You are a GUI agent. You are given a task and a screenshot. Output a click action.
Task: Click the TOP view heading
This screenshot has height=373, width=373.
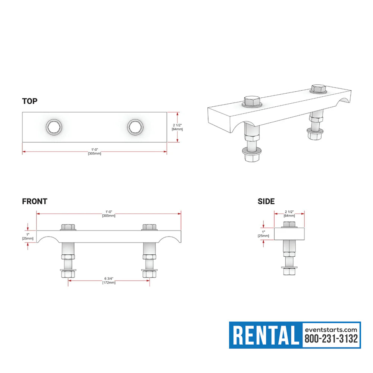click(30, 101)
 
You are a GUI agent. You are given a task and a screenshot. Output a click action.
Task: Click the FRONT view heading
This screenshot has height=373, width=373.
click(35, 201)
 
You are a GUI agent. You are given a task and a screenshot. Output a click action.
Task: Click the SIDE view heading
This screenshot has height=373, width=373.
click(266, 201)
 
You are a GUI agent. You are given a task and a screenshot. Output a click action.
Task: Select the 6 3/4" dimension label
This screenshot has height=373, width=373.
click(109, 280)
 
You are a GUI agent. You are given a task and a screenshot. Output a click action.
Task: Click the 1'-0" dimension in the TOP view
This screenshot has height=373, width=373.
click(94, 151)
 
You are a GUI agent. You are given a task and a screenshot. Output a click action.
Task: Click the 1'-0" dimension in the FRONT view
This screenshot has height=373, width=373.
click(109, 213)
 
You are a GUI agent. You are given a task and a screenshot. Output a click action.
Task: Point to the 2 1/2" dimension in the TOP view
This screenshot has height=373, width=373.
click(177, 127)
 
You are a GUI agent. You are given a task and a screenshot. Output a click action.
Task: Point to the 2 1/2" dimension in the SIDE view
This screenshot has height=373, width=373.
click(289, 213)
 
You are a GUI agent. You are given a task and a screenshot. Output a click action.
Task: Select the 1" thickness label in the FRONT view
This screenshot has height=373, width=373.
click(28, 236)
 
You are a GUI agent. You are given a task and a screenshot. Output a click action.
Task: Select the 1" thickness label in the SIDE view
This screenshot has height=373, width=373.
click(263, 233)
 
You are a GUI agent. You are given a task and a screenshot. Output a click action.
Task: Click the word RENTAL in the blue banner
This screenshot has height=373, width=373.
click(266, 335)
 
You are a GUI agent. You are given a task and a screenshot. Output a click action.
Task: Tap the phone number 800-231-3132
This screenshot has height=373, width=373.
click(331, 339)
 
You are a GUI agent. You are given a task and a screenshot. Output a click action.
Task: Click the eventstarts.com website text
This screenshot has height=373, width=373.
click(331, 329)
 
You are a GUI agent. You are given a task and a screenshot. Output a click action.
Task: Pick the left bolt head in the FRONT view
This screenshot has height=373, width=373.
click(68, 227)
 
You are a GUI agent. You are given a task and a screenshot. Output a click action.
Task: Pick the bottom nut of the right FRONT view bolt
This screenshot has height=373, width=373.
click(149, 274)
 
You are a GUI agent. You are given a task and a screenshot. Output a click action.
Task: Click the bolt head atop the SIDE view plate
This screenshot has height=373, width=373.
click(289, 225)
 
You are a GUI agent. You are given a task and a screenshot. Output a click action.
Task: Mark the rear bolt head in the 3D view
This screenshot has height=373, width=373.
click(318, 89)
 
